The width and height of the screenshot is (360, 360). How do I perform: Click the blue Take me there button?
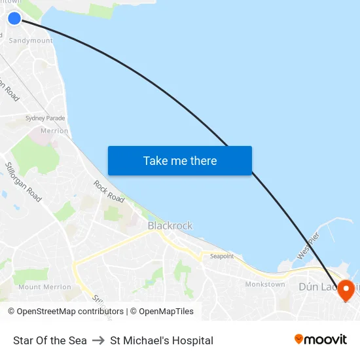pyautogui.click(x=180, y=161)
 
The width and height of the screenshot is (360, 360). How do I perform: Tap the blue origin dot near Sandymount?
pyautogui.click(x=14, y=18)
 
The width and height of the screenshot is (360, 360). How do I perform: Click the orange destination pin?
pyautogui.click(x=346, y=289)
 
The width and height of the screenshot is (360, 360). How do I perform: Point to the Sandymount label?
pyautogui.click(x=31, y=41)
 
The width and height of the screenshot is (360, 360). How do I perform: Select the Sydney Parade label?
pyautogui.click(x=45, y=118)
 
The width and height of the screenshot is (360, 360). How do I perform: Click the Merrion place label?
pyautogui.click(x=54, y=131)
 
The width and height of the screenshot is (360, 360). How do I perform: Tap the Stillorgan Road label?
pyautogui.click(x=23, y=182)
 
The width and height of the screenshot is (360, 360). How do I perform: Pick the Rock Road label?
pyautogui.click(x=109, y=191)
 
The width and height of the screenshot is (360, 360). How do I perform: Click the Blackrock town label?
pyautogui.click(x=170, y=226)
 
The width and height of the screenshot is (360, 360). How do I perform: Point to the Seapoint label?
pyautogui.click(x=222, y=256)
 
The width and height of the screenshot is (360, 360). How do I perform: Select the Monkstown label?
pyautogui.click(x=265, y=284)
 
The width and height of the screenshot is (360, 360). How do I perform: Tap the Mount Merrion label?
pyautogui.click(x=45, y=287)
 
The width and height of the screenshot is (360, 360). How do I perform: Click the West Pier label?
pyautogui.click(x=308, y=245)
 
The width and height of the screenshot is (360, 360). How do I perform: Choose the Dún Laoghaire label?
pyautogui.click(x=321, y=287)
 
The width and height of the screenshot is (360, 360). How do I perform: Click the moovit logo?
pyautogui.click(x=320, y=340)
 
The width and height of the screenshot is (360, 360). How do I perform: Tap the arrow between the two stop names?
pyautogui.click(x=98, y=340)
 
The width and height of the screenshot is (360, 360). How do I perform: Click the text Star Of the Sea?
pyautogui.click(x=50, y=340)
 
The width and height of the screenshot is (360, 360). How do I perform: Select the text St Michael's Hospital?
pyautogui.click(x=162, y=340)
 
